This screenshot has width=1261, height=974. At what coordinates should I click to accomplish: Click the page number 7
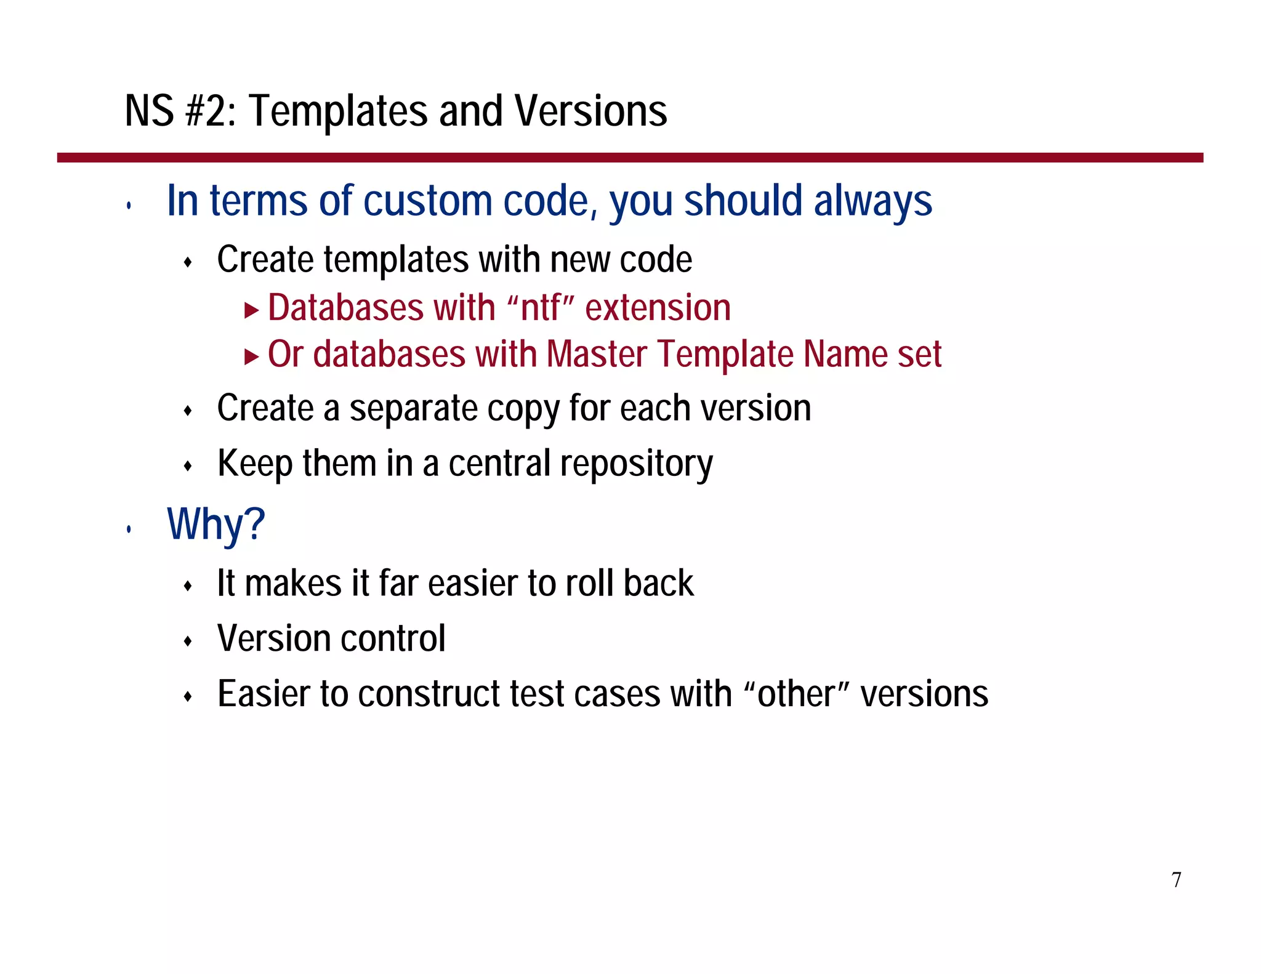(x=1176, y=880)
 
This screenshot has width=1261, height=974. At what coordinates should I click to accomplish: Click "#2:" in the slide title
(x=210, y=111)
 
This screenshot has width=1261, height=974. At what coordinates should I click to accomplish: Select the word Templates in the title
(x=337, y=111)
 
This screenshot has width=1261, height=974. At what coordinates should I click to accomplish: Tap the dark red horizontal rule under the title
(x=629, y=158)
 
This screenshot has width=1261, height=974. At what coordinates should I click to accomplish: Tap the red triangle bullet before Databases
(x=251, y=310)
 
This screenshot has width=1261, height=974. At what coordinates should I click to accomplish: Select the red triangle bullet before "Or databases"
(x=251, y=356)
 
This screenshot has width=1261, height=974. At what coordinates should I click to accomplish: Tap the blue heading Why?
(x=216, y=524)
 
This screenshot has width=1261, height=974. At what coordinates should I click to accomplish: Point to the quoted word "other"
(x=796, y=693)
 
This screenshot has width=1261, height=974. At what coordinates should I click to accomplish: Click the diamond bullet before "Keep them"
(x=188, y=466)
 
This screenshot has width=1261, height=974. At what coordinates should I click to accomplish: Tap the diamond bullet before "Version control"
(x=188, y=642)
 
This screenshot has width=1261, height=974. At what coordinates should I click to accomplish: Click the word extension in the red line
(x=658, y=307)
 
